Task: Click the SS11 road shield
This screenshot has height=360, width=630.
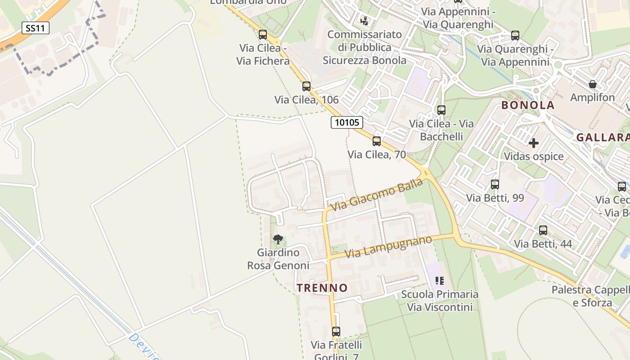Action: coord(36,28)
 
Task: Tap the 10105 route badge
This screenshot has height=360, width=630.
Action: coord(347,122)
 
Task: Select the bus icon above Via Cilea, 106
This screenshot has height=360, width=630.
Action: coord(306,86)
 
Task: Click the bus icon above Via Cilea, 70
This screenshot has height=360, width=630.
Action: coord(377,141)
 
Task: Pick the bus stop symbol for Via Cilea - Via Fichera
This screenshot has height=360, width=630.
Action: coord(263,34)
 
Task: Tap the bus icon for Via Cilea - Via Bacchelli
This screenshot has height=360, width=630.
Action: coord(441,110)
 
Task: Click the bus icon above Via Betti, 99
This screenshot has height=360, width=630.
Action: coord(495,184)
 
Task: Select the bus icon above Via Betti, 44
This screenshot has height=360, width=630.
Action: coord(543,230)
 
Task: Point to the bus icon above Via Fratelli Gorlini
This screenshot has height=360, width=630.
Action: coord(336,332)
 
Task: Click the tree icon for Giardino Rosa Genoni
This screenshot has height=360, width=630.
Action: coord(278,239)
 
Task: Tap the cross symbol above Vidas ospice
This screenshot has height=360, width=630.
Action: coord(534,143)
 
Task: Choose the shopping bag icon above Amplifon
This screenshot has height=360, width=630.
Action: coord(592,84)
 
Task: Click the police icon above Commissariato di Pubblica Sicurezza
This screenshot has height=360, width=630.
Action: coord(364,21)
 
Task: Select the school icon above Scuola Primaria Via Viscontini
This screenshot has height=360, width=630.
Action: coord(440,281)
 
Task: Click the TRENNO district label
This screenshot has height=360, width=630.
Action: coord(322,288)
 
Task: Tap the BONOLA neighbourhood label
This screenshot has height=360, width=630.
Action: coord(528,105)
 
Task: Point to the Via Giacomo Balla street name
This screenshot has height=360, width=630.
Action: coord(377,194)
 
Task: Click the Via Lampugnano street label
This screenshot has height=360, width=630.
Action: coord(388,247)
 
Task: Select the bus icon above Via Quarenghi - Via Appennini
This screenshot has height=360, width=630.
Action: coord(515,35)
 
